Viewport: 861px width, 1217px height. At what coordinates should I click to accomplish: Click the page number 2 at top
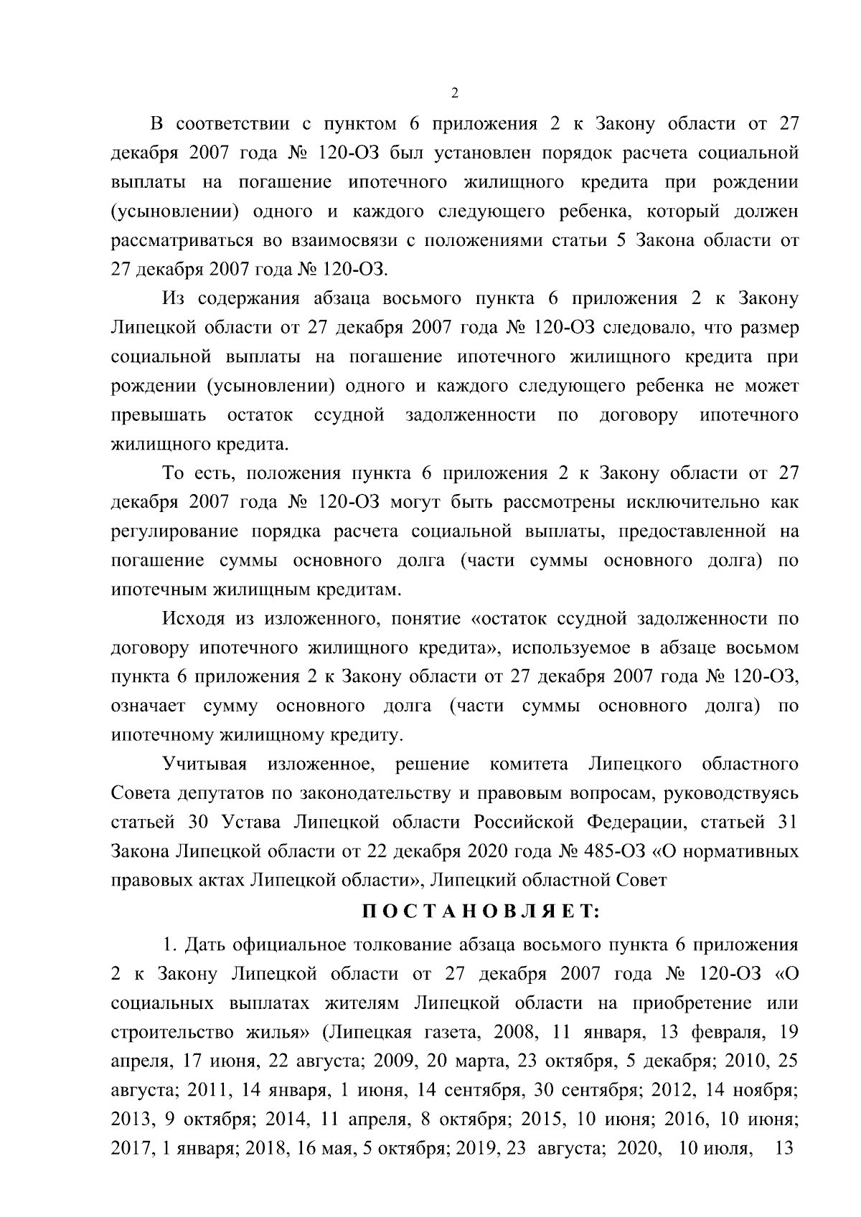point(453,93)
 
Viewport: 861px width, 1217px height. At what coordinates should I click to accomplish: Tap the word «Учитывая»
point(204,764)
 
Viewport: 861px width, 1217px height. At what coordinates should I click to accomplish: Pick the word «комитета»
point(528,764)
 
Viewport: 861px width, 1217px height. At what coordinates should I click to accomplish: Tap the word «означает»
point(149,706)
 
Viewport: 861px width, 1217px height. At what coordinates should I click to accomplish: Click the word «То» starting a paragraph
point(175,473)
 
